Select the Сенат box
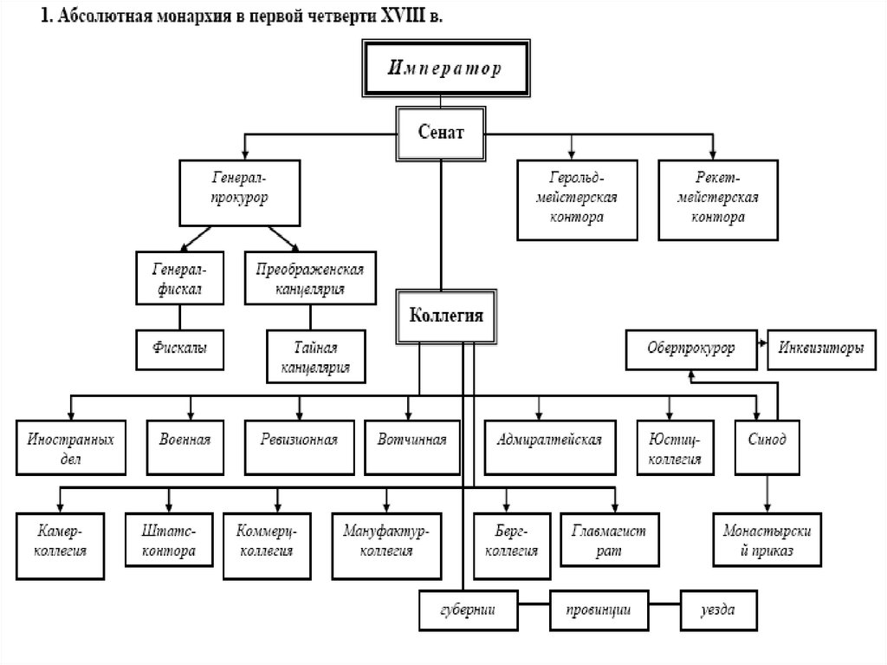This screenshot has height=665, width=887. (443, 134)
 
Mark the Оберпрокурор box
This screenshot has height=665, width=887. (691, 349)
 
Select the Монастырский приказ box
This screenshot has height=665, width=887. (767, 542)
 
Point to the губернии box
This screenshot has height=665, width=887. (469, 610)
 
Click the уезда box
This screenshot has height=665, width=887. (718, 610)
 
